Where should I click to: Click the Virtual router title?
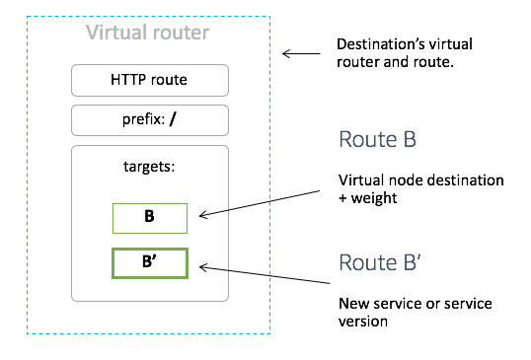coord(147,33)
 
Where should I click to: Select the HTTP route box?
coord(150,80)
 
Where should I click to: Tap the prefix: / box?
coord(150,120)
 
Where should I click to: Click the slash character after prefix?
coord(175,120)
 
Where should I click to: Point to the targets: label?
coord(150,167)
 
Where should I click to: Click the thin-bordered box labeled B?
coord(149,216)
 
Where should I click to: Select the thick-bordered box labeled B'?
coord(149,264)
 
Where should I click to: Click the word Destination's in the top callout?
coord(378,45)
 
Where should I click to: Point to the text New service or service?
coord(415,303)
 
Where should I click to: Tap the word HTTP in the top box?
coord(129,80)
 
